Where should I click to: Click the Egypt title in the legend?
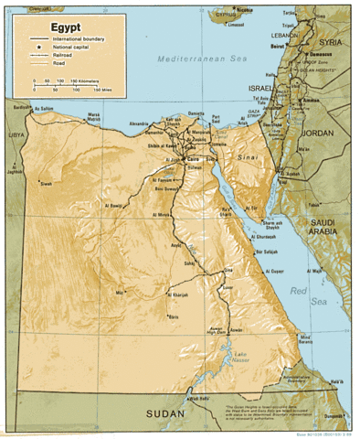[x=43, y=28]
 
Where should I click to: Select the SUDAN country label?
[x=164, y=414]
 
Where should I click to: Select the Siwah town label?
[x=46, y=183]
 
